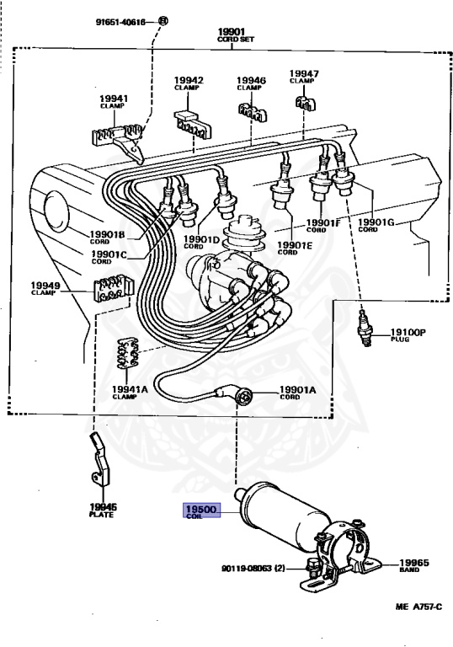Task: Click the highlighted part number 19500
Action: [x=201, y=509]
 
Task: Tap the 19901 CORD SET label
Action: [x=235, y=35]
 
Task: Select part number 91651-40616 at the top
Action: [x=120, y=22]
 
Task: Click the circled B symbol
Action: [x=163, y=20]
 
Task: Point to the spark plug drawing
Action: [x=365, y=328]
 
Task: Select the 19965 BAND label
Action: [x=413, y=566]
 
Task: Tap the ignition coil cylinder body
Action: [x=285, y=516]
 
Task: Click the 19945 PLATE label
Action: [x=103, y=510]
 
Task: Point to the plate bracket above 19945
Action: [x=100, y=459]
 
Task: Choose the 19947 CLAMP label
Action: [x=304, y=77]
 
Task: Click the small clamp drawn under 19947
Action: [x=306, y=103]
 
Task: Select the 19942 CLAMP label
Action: [x=189, y=83]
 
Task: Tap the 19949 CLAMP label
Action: [x=45, y=288]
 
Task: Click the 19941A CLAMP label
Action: [x=130, y=393]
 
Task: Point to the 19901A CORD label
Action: [x=297, y=393]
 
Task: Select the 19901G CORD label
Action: [x=376, y=226]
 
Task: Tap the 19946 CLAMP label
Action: [x=251, y=83]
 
